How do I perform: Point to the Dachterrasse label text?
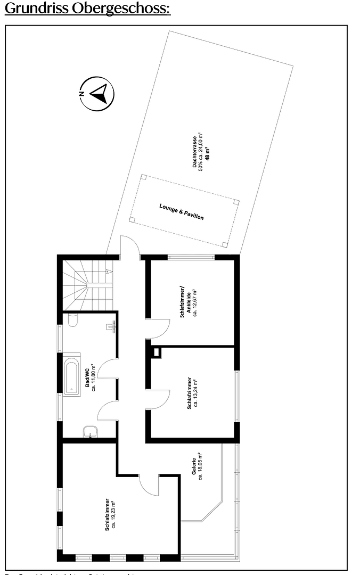click(x=195, y=152)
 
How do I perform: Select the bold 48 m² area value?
click(x=207, y=152)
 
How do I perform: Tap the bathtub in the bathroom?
click(x=71, y=378)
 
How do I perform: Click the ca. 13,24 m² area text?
click(x=195, y=393)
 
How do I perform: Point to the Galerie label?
click(x=194, y=467)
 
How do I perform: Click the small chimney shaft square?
click(x=157, y=351)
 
